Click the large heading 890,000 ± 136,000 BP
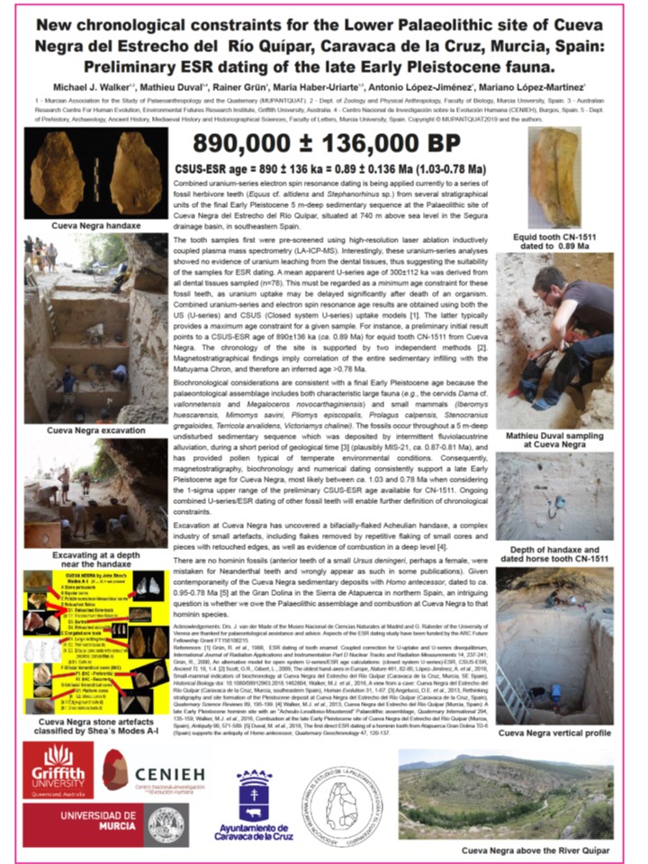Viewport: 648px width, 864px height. pos(324,144)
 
